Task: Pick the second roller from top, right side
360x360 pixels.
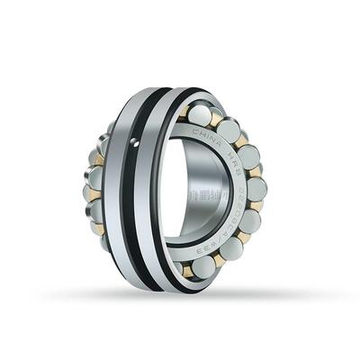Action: tap(229, 130)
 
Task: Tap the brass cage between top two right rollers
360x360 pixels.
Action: tap(217, 117)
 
